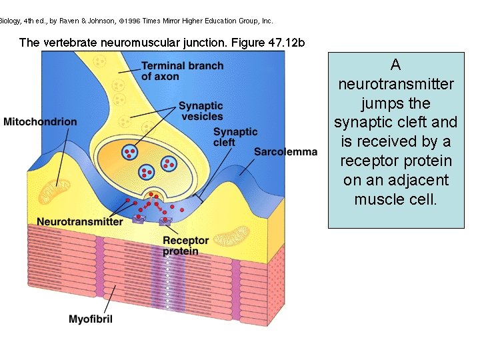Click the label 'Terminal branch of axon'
[x=182, y=71]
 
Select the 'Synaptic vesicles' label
[x=201, y=111]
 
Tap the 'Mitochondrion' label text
[x=40, y=122]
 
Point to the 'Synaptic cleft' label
[x=235, y=137]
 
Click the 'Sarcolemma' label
[x=285, y=152]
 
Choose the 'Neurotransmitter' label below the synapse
[x=80, y=221]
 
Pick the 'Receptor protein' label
[x=185, y=245]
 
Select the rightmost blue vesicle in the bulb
[x=169, y=162]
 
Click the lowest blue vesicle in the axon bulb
[x=146, y=173]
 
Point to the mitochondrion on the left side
[x=57, y=193]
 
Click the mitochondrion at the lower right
[x=234, y=235]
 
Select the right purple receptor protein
[x=165, y=220]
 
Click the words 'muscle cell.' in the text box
[x=395, y=199]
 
